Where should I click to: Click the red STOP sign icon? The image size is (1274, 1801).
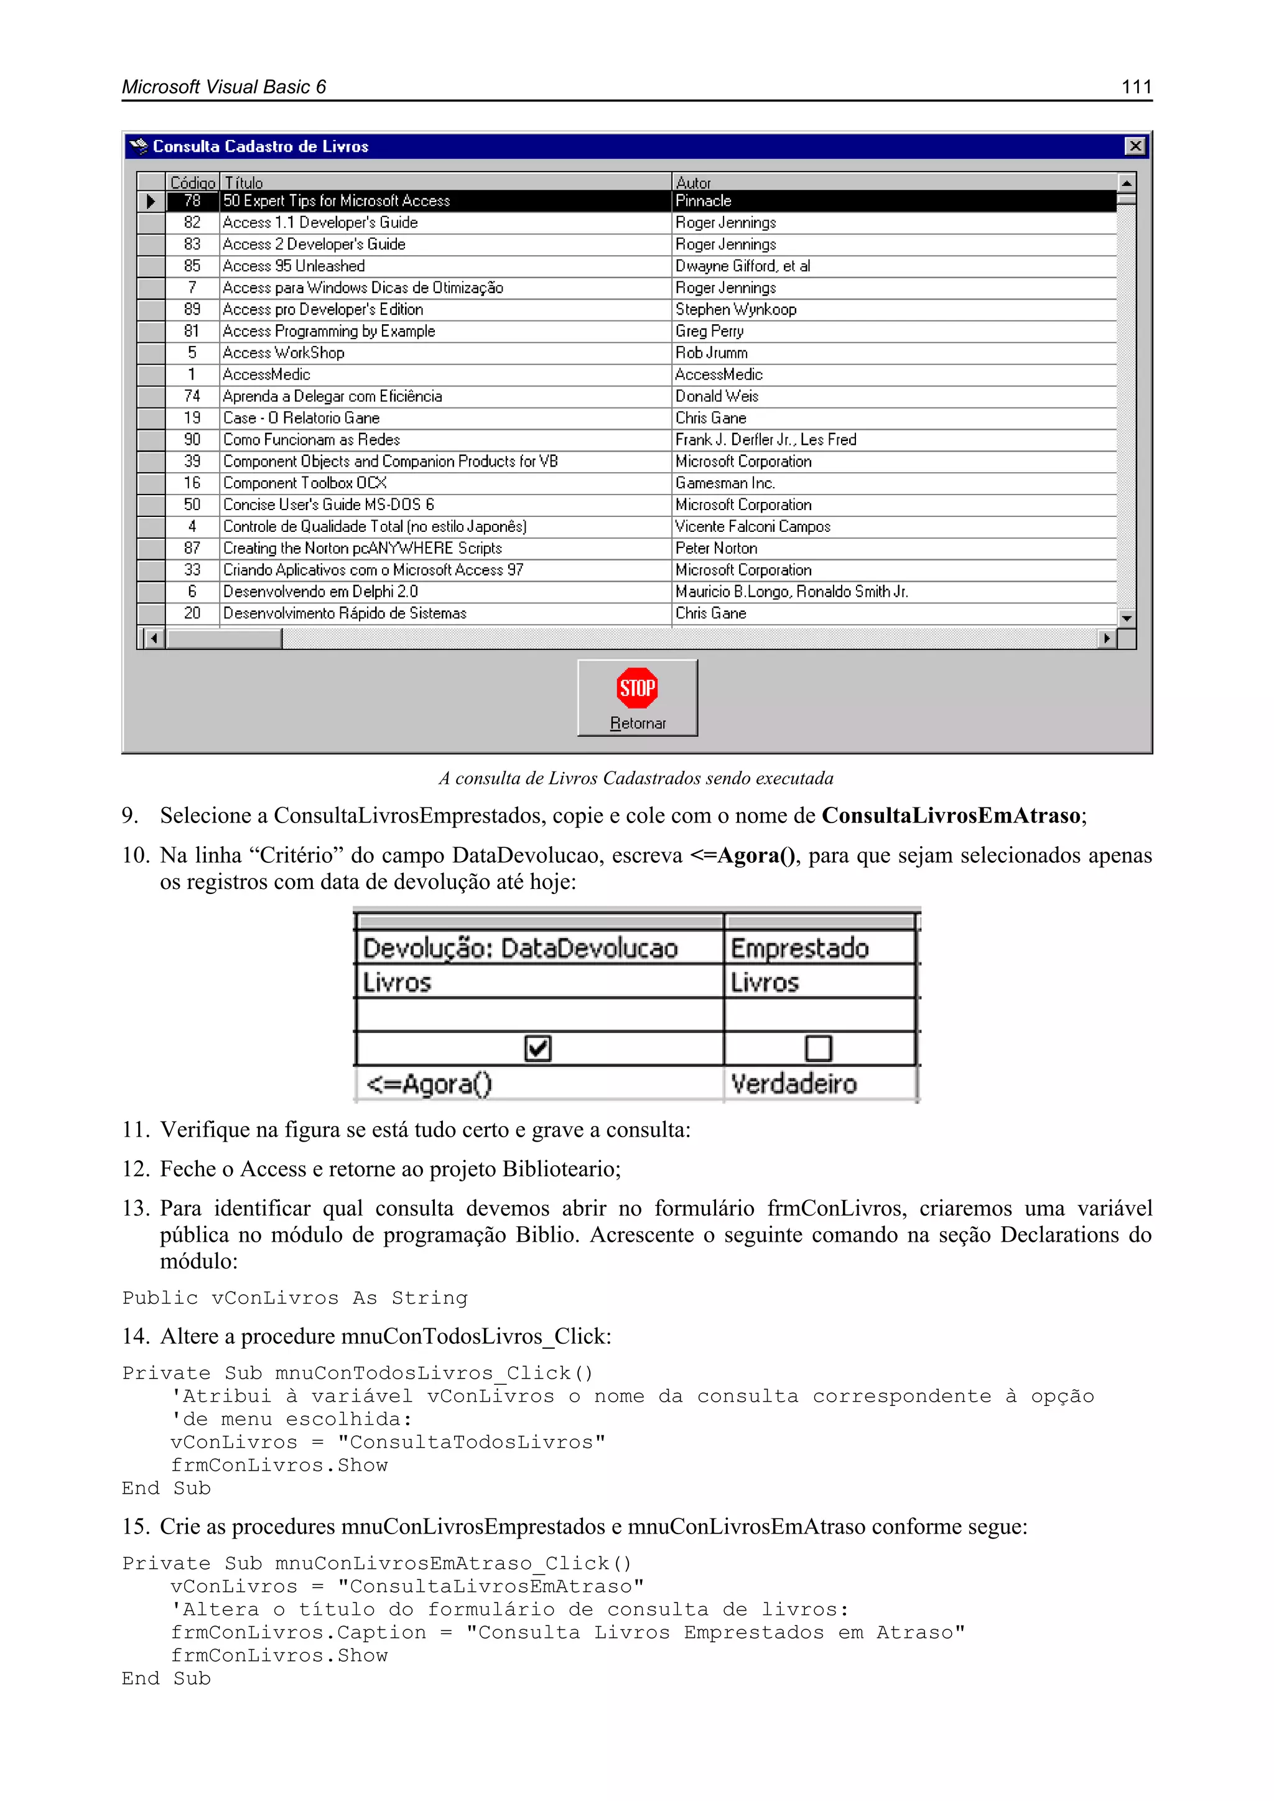(637, 688)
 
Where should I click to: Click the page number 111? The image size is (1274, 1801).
(1136, 87)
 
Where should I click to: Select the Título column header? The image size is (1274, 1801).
(244, 183)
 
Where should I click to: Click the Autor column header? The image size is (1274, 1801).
(694, 183)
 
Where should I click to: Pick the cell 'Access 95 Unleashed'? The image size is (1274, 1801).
(294, 266)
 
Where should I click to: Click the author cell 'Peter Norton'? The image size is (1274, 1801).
(716, 548)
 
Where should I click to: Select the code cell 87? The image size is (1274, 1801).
(192, 548)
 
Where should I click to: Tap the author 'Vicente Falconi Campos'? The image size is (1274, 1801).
(752, 526)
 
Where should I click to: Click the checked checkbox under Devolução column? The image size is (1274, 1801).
(538, 1048)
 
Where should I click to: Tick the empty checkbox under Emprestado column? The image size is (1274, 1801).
(818, 1048)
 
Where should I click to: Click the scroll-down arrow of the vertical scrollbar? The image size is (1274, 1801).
(1127, 618)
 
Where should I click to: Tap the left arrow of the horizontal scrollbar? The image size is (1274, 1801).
(154, 638)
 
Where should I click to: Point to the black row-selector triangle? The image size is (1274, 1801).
(151, 202)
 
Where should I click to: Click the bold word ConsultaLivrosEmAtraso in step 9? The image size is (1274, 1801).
(951, 816)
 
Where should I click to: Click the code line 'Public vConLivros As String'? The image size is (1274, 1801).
(295, 1298)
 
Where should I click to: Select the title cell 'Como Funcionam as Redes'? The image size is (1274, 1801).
(312, 440)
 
